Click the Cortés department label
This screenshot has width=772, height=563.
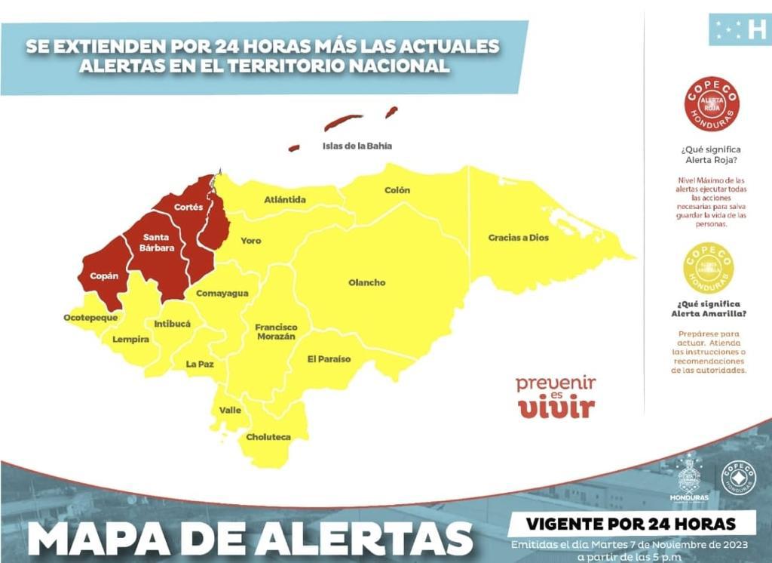[x=188, y=207]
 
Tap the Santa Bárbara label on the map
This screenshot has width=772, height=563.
[x=157, y=242]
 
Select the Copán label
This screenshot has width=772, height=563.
[x=104, y=276]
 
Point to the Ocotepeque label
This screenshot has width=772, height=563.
[x=90, y=318]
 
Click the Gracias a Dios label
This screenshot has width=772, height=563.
[x=519, y=238]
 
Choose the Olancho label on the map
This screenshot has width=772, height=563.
[x=367, y=283]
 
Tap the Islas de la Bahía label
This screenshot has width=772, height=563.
[x=357, y=146]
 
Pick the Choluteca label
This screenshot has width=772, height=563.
[x=268, y=437]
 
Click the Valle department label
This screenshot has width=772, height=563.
[x=230, y=411]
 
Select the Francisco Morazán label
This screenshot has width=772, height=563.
[x=276, y=332]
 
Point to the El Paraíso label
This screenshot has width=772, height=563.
[x=329, y=359]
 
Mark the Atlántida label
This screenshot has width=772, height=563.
[x=285, y=200]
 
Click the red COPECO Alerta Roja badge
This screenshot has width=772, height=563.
[x=712, y=105]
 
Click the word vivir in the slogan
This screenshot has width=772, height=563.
[x=556, y=408]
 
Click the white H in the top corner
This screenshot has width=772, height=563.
[x=756, y=30]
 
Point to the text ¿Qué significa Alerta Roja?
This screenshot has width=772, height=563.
[x=709, y=155]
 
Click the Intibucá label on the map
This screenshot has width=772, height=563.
[x=172, y=324]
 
